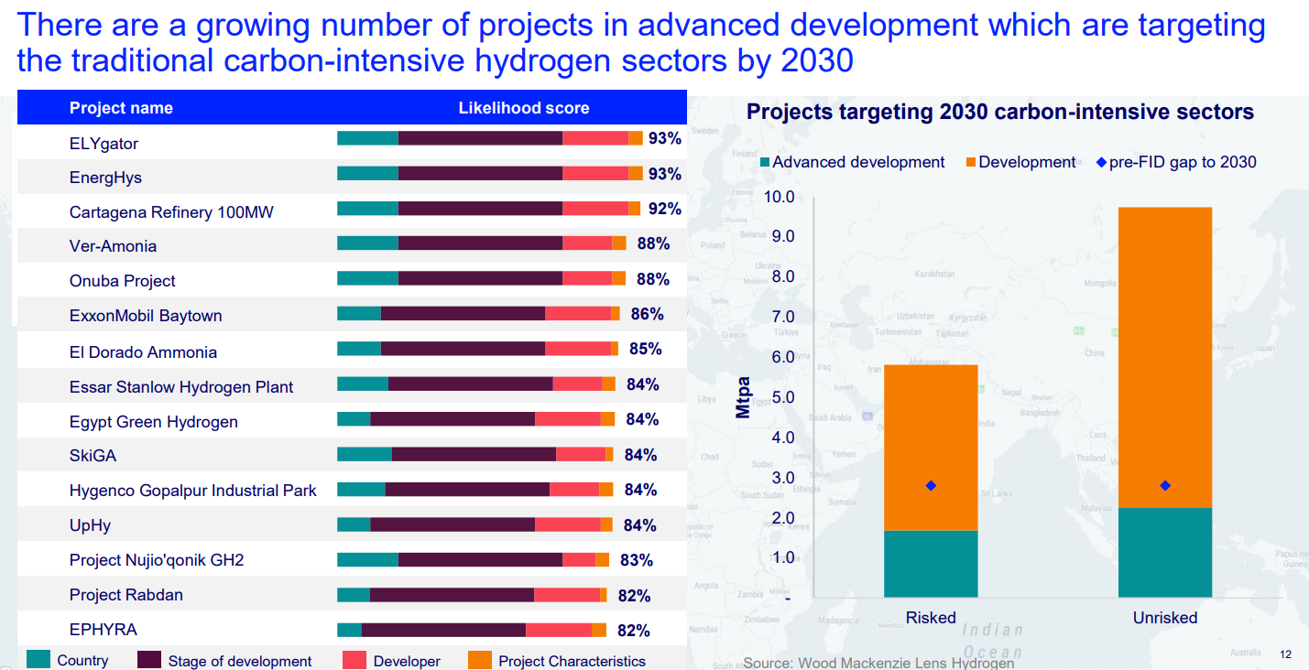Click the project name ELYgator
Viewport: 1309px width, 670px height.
pos(104,144)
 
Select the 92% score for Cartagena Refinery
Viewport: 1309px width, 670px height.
pos(664,210)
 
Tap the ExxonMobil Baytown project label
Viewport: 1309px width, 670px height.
pos(146,316)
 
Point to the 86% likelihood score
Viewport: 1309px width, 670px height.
pos(647,314)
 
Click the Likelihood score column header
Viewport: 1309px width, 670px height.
pos(523,108)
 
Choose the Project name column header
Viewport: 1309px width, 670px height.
pos(121,108)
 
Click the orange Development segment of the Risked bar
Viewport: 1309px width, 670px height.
pos(931,448)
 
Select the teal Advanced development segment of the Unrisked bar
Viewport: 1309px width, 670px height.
pos(1165,552)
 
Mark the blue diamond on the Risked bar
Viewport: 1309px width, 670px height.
pos(931,485)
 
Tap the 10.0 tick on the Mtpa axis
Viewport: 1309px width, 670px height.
pos(779,197)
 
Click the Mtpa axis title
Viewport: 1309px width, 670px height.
pos(744,397)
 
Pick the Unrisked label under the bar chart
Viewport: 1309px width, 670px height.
pos(1165,618)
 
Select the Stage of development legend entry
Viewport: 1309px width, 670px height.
pos(238,661)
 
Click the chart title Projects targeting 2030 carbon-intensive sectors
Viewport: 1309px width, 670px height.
pos(1000,113)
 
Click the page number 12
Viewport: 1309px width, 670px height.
pos(1285,654)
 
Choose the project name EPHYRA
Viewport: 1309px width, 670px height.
pos(104,630)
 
